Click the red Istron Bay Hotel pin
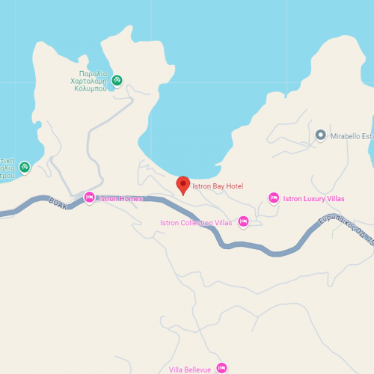(x=183, y=185)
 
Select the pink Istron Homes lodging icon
(x=89, y=197)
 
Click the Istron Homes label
(x=121, y=198)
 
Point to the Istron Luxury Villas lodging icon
(x=273, y=198)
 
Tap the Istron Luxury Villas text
(x=313, y=199)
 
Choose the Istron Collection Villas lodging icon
(x=243, y=221)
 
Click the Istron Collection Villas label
(x=196, y=223)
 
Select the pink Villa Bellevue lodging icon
(x=221, y=367)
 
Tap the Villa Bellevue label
(x=190, y=369)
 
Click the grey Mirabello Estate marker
(x=321, y=135)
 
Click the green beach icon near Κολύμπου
(x=117, y=80)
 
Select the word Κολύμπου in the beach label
(x=88, y=88)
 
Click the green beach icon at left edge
(x=25, y=167)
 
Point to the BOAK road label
(x=58, y=202)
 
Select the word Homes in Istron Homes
(x=131, y=198)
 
